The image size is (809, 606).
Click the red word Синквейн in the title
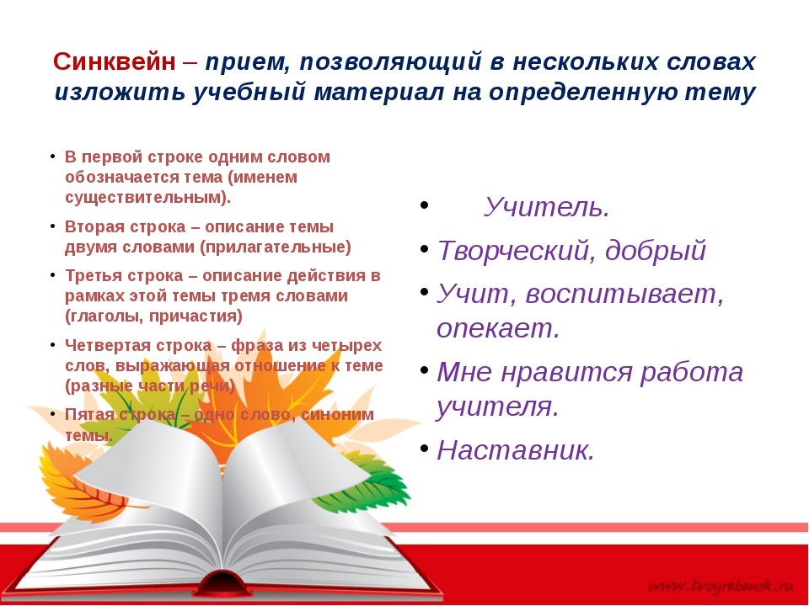tap(114, 61)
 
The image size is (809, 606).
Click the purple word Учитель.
tap(547, 207)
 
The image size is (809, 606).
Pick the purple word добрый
tap(656, 250)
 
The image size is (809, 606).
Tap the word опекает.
tap(498, 328)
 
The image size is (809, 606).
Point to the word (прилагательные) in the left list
tap(275, 247)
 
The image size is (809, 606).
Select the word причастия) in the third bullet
tap(196, 316)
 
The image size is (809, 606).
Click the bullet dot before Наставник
tap(424, 448)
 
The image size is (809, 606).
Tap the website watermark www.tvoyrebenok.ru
tap(721, 586)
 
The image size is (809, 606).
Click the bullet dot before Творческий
tap(424, 248)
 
